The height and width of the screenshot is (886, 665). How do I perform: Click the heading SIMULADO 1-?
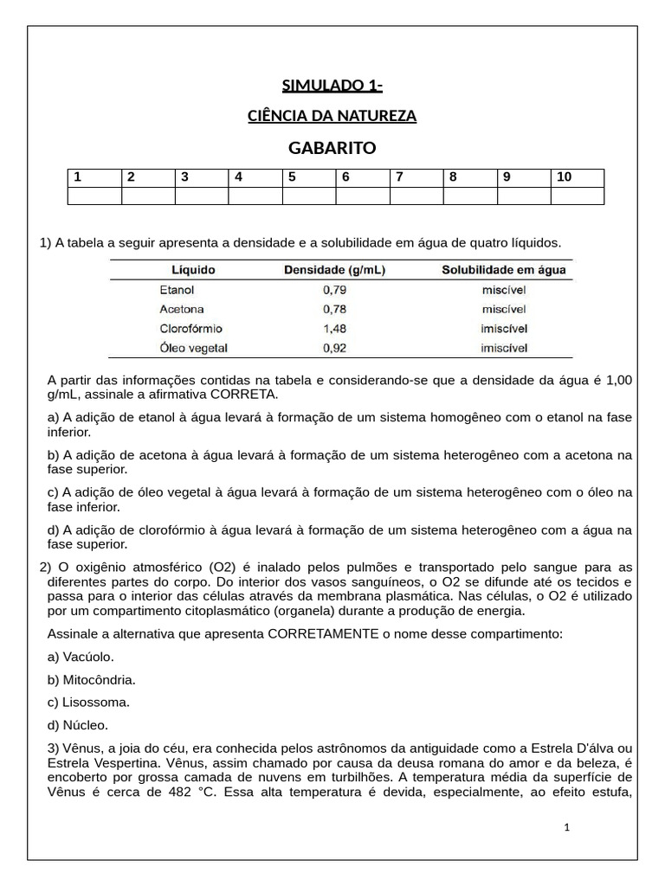(332, 85)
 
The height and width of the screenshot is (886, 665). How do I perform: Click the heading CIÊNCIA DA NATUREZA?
(332, 115)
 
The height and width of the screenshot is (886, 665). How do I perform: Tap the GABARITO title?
(332, 148)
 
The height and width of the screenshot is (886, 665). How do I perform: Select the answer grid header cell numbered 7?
(416, 177)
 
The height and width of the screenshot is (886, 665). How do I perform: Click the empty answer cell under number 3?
(201, 196)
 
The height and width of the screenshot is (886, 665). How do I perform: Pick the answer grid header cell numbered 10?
(577, 177)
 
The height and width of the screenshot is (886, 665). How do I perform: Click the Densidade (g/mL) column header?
(335, 270)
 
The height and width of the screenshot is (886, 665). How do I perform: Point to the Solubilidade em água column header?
(504, 270)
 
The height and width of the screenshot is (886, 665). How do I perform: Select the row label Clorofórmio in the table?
(191, 329)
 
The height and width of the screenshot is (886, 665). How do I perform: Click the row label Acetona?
(182, 309)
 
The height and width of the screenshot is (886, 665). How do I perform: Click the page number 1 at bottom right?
(566, 827)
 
